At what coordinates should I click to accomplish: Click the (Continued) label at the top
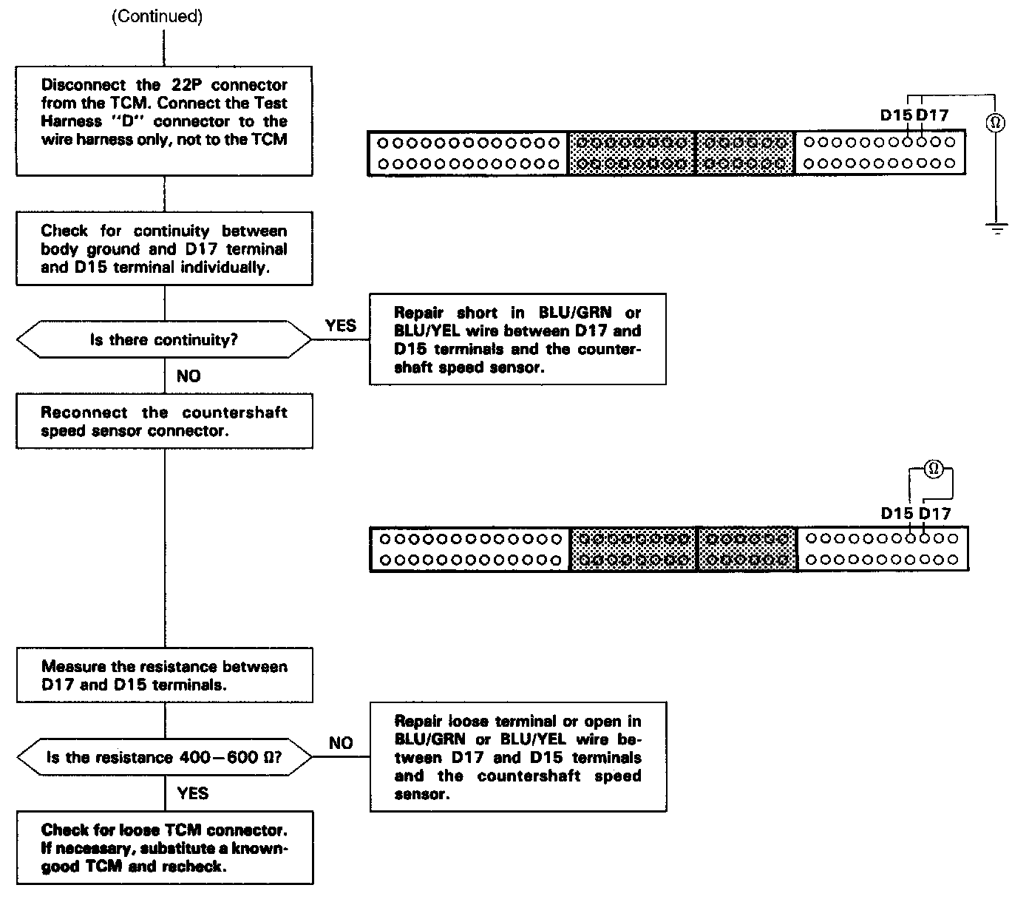pyautogui.click(x=157, y=17)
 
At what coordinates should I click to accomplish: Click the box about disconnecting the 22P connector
pyautogui.click(x=164, y=121)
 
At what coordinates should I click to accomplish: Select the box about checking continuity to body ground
pyautogui.click(x=164, y=248)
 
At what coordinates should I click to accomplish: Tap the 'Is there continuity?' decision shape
pyautogui.click(x=164, y=340)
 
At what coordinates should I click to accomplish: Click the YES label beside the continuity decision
pyautogui.click(x=340, y=325)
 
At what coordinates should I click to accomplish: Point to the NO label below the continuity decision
pyautogui.click(x=189, y=376)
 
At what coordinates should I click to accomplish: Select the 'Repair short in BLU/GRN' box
pyautogui.click(x=517, y=339)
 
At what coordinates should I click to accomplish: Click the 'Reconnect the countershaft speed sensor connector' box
pyautogui.click(x=164, y=421)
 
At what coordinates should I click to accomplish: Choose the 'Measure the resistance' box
pyautogui.click(x=164, y=675)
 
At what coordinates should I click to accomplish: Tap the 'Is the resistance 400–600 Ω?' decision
pyautogui.click(x=164, y=757)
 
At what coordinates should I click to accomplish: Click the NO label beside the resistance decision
pyautogui.click(x=340, y=743)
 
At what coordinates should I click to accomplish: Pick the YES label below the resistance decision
pyautogui.click(x=193, y=793)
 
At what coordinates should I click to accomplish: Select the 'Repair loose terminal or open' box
pyautogui.click(x=517, y=757)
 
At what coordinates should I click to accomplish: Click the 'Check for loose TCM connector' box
pyautogui.click(x=164, y=847)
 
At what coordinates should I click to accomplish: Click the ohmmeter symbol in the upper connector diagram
pyautogui.click(x=996, y=123)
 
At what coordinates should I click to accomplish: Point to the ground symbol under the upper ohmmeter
pyautogui.click(x=996, y=228)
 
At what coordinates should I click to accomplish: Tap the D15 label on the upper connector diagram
pyautogui.click(x=896, y=115)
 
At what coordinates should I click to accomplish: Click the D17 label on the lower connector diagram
pyautogui.click(x=934, y=513)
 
